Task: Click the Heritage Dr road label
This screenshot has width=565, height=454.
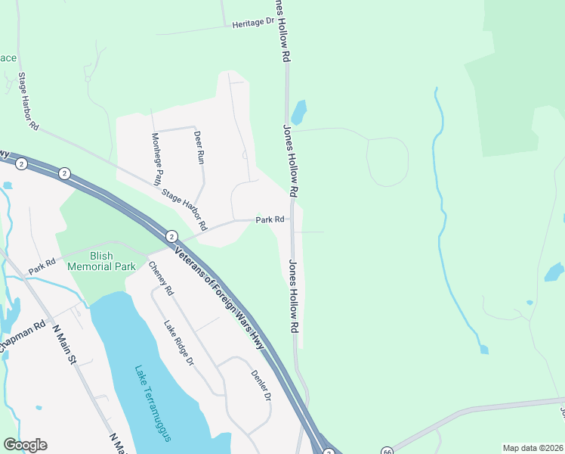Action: (253, 23)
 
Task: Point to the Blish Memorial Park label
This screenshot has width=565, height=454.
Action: (101, 261)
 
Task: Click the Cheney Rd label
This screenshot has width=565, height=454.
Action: (161, 278)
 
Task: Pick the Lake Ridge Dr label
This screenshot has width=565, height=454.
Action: (179, 343)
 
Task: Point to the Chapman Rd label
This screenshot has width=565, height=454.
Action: (23, 336)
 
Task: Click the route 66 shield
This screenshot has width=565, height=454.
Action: (387, 450)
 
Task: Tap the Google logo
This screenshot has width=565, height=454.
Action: (25, 445)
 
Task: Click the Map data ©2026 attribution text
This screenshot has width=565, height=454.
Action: (533, 448)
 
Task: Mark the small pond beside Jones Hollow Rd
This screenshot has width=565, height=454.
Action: (300, 112)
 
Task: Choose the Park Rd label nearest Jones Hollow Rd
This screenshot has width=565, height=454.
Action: (270, 219)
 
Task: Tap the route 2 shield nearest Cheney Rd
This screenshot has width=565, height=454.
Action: (171, 236)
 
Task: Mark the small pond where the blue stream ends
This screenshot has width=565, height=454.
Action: (483, 350)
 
